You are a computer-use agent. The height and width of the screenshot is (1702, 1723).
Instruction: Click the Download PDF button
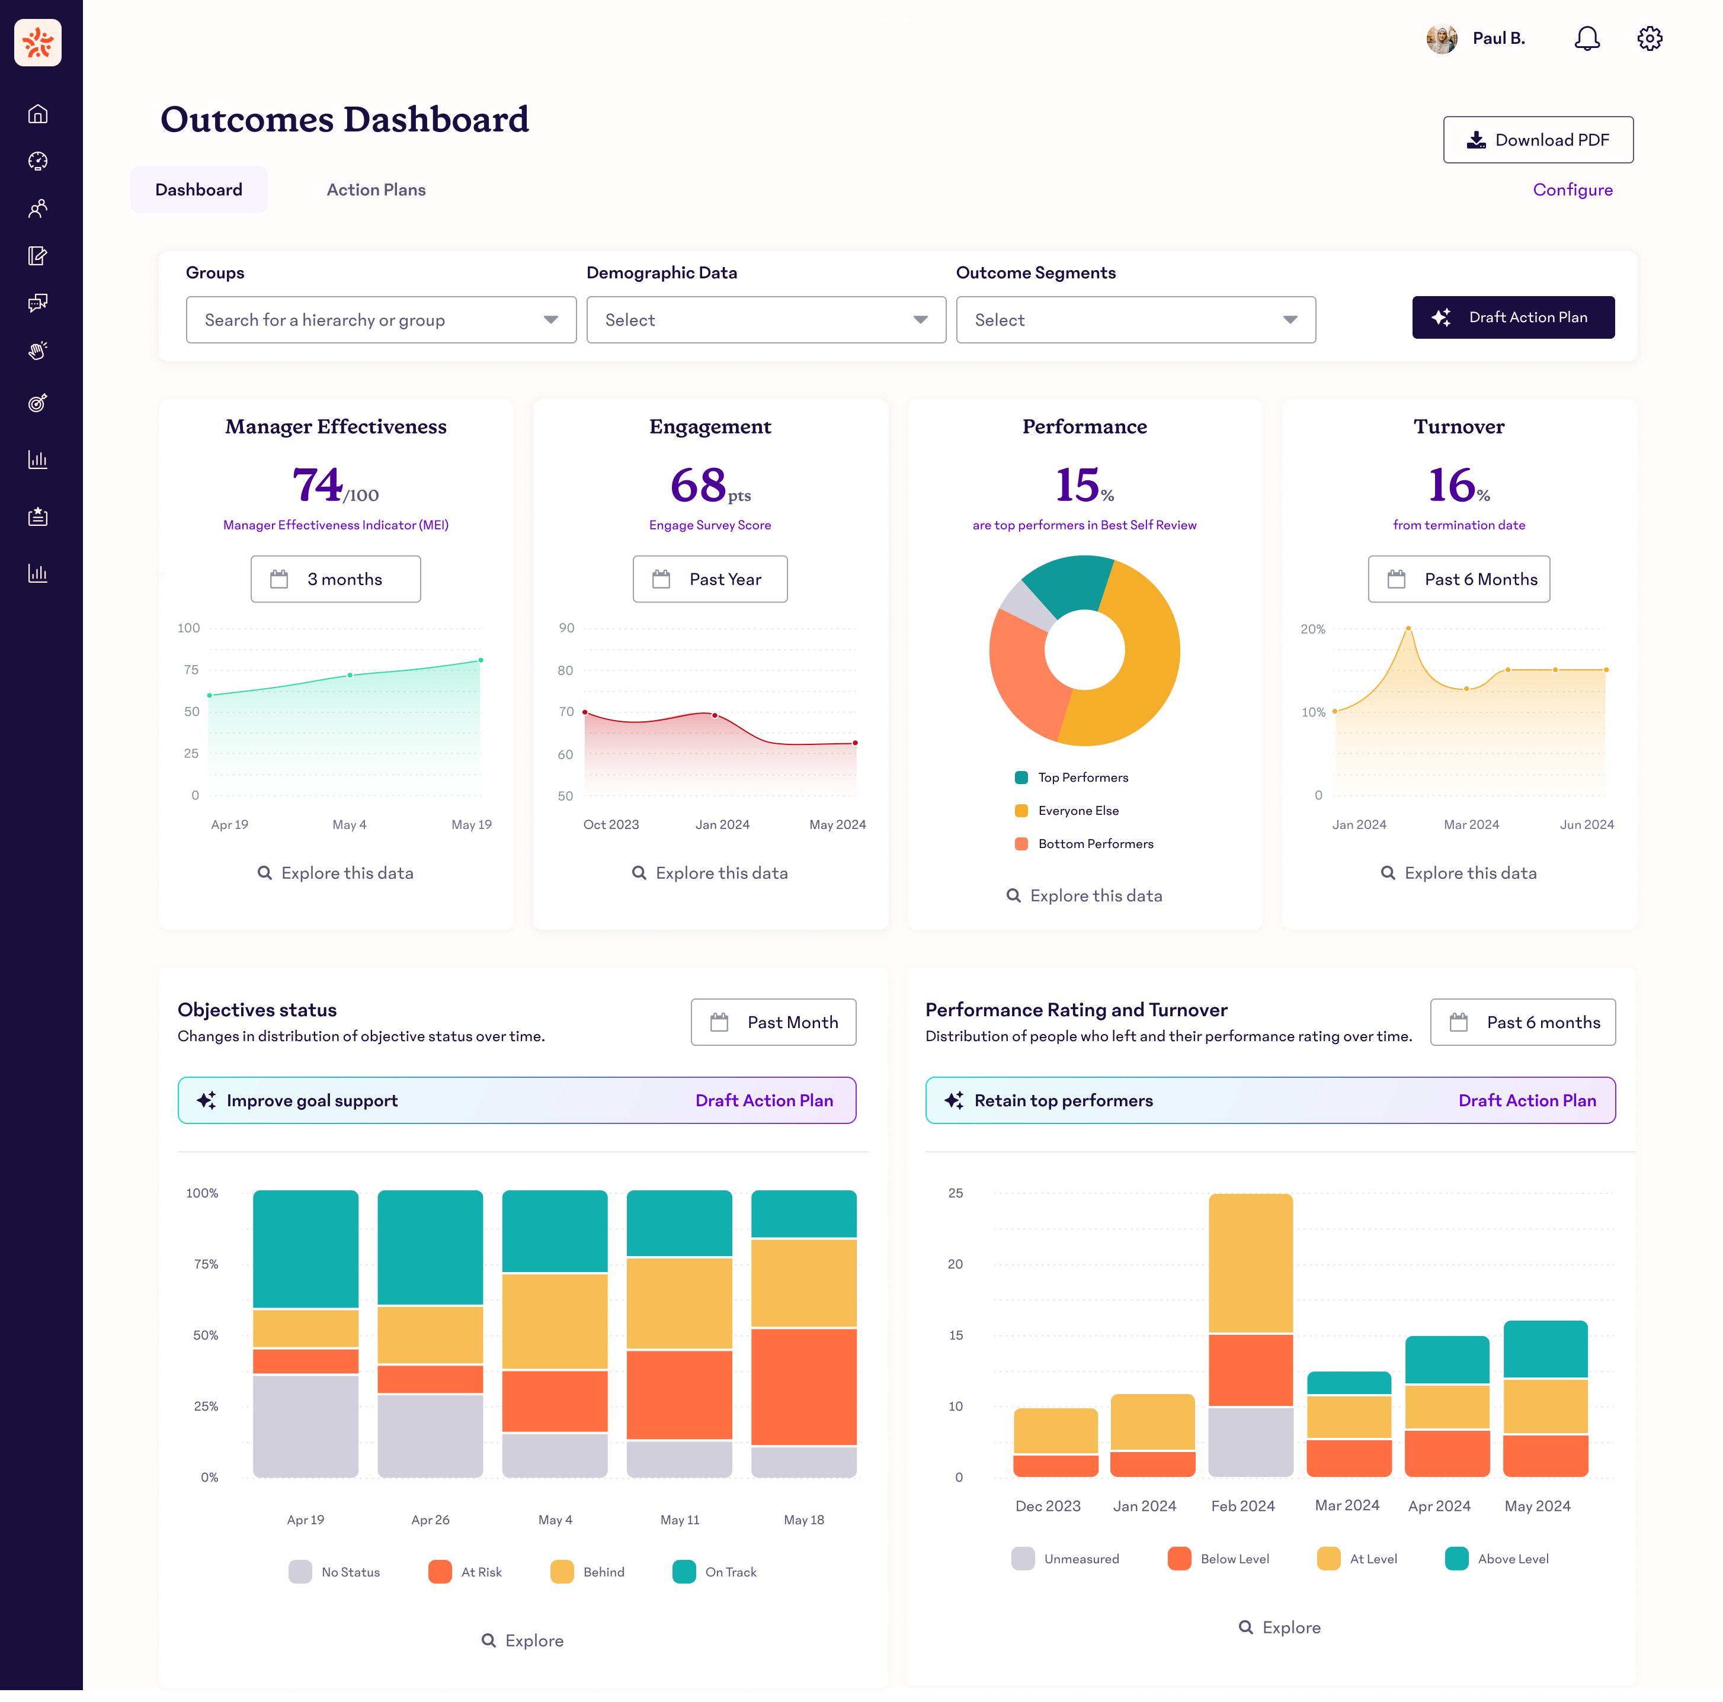tap(1538, 140)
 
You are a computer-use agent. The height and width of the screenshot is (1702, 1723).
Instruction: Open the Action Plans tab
tap(376, 190)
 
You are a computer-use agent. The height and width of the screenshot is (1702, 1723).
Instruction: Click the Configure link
tap(1573, 190)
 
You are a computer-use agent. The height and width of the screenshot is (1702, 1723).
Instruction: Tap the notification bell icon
tap(1587, 38)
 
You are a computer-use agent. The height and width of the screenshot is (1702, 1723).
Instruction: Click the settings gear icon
tap(1650, 38)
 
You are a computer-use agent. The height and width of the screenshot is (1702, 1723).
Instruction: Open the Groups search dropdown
tap(381, 320)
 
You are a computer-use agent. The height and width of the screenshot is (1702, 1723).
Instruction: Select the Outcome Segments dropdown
tap(1135, 320)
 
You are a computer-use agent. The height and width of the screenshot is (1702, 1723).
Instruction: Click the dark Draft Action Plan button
tap(1513, 317)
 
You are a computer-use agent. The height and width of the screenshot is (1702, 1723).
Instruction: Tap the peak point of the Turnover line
tap(1408, 628)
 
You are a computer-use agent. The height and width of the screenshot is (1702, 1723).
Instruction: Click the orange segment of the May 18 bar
tap(803, 1386)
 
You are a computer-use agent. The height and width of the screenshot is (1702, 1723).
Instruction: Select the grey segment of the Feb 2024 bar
tap(1250, 1441)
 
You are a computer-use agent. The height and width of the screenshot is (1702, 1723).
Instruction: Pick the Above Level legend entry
tap(1497, 1559)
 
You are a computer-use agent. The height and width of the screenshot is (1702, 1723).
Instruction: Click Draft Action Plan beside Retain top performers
tap(1527, 1100)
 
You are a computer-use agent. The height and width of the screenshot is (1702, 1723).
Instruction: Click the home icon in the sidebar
tap(37, 114)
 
